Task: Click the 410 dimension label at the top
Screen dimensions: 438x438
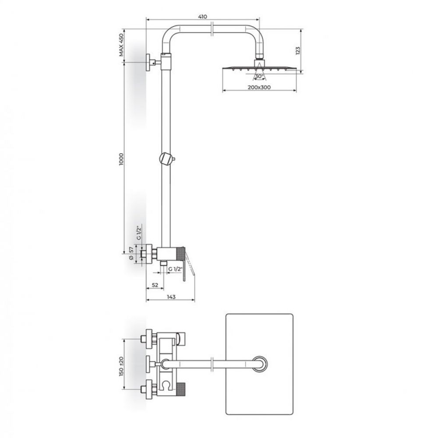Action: (x=202, y=17)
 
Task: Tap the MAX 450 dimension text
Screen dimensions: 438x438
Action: (x=121, y=45)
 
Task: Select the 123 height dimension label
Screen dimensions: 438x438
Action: (x=298, y=50)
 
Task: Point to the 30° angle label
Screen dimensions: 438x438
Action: (x=259, y=76)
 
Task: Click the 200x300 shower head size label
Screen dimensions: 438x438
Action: (x=259, y=87)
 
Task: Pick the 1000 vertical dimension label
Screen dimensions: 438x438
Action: (x=121, y=159)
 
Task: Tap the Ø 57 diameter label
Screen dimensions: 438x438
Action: (x=131, y=254)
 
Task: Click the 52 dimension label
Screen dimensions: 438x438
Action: (x=155, y=285)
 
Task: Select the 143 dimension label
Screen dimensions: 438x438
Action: (x=171, y=297)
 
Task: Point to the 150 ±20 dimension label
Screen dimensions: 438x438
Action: (x=121, y=366)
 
